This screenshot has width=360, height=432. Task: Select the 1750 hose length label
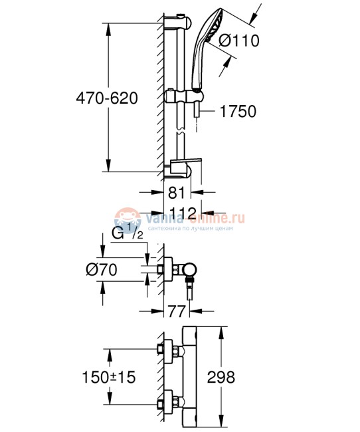(237, 112)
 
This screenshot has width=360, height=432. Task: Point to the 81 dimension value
(176, 195)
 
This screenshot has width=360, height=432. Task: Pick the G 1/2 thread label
(127, 234)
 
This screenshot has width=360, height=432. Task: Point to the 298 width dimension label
(221, 377)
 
